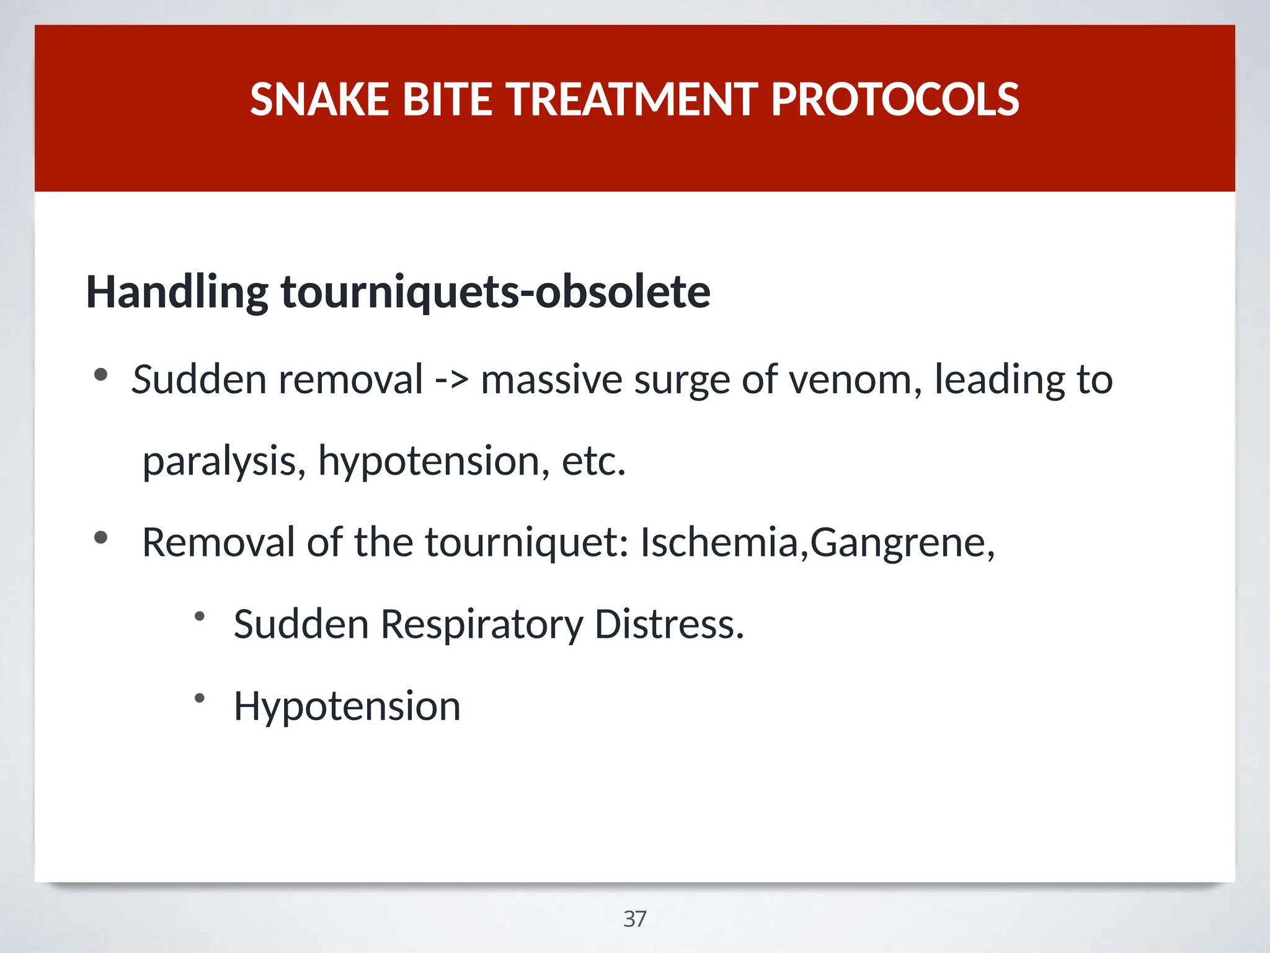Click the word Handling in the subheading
(x=177, y=292)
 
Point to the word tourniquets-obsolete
(x=495, y=292)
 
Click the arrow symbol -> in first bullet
(x=451, y=380)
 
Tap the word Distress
(x=668, y=625)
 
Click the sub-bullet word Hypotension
(x=347, y=707)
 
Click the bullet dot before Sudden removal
(x=100, y=375)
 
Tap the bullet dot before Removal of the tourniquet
(x=100, y=538)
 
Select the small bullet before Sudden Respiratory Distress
(x=199, y=617)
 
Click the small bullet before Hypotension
(x=199, y=699)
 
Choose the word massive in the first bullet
(x=551, y=380)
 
